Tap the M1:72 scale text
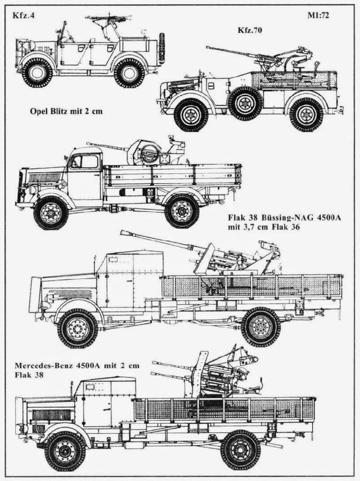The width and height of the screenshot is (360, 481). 318,16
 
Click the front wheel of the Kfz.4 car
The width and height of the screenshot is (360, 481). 37,73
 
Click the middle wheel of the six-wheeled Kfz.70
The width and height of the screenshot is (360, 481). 245,104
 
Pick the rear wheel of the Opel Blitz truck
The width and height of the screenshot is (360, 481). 182,211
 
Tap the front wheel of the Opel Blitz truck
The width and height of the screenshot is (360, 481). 51,213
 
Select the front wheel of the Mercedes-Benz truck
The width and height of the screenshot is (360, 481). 65,451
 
